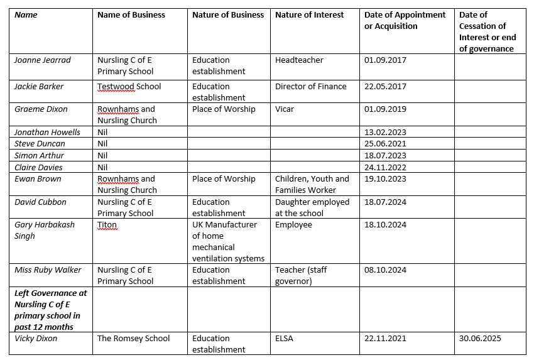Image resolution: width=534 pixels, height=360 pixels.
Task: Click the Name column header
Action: [26, 15]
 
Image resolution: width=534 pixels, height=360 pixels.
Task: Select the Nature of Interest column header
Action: [309, 15]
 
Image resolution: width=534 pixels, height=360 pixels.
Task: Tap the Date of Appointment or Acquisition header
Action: [405, 20]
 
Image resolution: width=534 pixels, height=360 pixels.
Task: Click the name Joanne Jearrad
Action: [43, 60]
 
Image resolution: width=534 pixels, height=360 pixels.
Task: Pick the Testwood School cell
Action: [129, 87]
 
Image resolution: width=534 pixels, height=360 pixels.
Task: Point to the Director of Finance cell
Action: [310, 87]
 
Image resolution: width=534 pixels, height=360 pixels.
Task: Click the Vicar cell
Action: [286, 109]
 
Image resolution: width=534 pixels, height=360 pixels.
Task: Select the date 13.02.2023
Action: [385, 133]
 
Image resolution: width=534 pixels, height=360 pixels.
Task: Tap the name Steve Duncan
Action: [40, 144]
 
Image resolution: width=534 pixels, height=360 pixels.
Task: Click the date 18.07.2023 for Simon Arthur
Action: [385, 155]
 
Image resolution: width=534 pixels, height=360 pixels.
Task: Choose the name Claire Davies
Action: [39, 167]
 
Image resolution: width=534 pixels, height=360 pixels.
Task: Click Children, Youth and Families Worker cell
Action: [312, 184]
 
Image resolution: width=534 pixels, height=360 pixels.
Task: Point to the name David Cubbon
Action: [40, 202]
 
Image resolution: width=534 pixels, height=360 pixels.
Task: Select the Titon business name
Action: [107, 225]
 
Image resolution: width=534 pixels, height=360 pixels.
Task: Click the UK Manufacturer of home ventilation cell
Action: [228, 241]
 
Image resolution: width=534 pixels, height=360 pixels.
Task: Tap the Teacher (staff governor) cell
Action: [301, 275]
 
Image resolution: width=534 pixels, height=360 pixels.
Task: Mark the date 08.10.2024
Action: [385, 270]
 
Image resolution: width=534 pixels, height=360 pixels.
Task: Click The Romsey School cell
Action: [133, 339]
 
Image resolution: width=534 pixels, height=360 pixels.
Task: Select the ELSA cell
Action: [284, 339]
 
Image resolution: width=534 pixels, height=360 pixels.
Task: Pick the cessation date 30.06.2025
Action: [481, 339]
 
